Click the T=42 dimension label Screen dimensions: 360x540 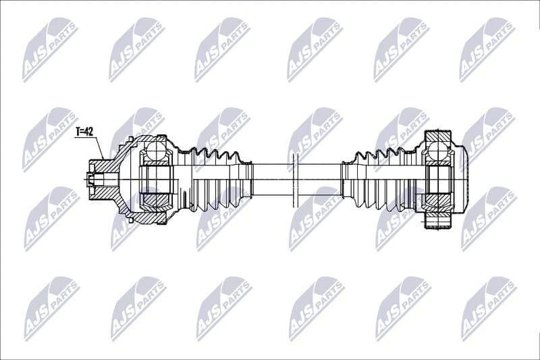pyautogui.click(x=84, y=132)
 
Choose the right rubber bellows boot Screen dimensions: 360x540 pyautogui.click(x=378, y=179)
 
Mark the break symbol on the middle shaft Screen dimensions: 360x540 pyautogui.click(x=295, y=180)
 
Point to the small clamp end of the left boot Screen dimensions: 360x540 pyautogui.click(x=248, y=179)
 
